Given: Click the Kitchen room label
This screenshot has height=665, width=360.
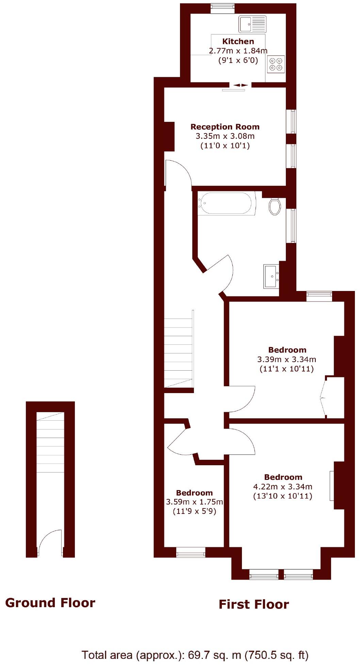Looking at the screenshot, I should tap(238, 42).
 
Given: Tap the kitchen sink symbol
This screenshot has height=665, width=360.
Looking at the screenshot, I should tap(252, 24).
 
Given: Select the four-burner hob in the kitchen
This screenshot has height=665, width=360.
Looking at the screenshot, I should tap(276, 64).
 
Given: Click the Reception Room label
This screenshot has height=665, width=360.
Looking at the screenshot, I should tap(225, 127).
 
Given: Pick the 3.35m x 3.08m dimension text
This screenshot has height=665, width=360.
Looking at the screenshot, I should tap(225, 136).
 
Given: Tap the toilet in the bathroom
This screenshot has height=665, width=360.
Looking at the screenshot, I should tap(275, 206).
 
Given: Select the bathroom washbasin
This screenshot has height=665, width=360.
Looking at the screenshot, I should tap(271, 276).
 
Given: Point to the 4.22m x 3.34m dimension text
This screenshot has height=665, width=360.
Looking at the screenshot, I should tap(283, 487).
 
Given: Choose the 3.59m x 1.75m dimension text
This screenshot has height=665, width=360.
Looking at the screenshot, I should tap(194, 502).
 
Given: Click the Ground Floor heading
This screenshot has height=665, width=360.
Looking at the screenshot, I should tap(50, 603).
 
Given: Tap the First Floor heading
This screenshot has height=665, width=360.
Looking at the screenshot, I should tap(253, 604).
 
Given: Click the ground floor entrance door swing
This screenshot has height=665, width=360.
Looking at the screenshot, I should tap(50, 543).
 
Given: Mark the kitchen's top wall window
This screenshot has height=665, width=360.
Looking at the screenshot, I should tap(222, 8).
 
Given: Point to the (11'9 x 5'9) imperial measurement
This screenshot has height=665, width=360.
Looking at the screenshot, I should tap(194, 511).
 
